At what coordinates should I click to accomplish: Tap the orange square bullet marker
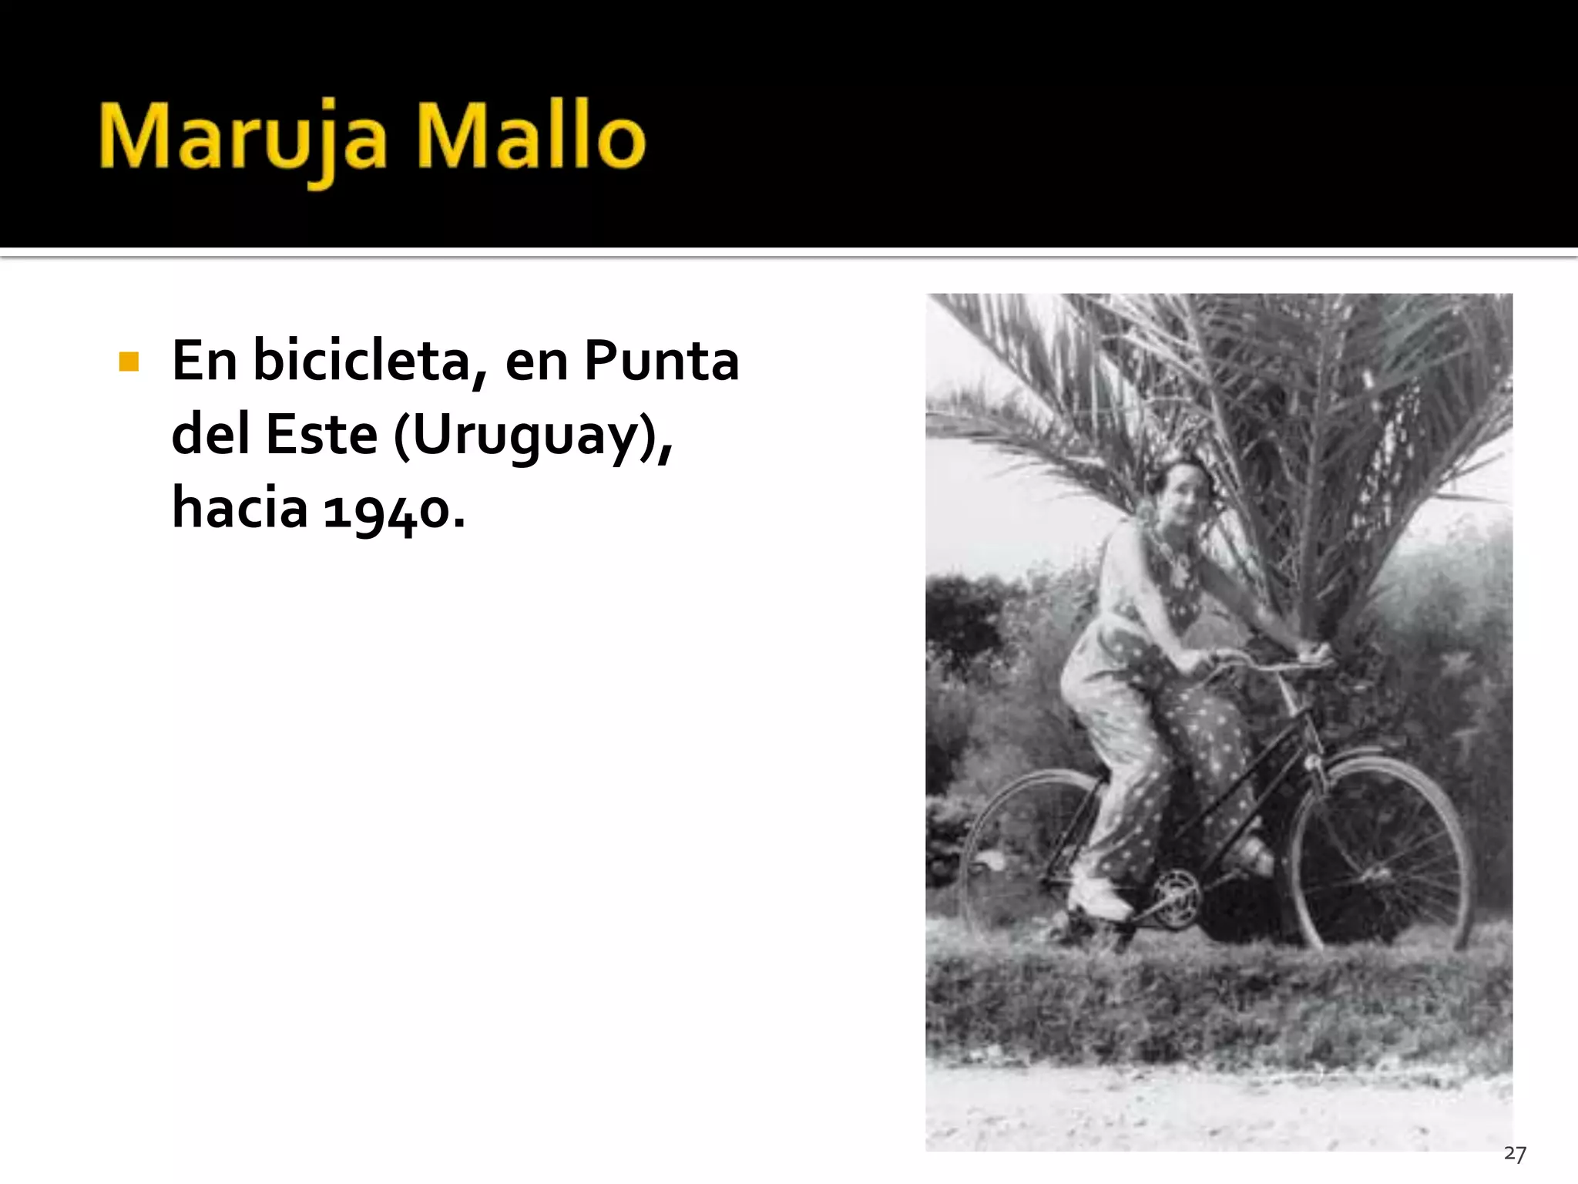tap(129, 362)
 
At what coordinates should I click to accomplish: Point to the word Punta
tap(661, 361)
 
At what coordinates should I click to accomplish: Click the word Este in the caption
tap(321, 435)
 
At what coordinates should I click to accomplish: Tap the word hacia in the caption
tap(240, 509)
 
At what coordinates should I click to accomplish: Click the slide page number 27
tap(1514, 1154)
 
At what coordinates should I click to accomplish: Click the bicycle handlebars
tap(1264, 661)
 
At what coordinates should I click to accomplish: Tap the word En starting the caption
tap(204, 361)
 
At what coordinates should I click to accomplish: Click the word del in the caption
tap(210, 435)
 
